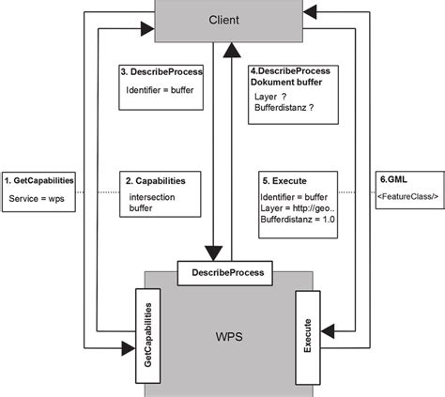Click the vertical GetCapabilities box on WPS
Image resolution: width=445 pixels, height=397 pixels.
click(147, 334)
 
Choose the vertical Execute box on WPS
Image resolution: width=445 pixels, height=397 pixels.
click(309, 334)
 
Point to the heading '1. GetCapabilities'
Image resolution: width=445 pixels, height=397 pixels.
click(39, 178)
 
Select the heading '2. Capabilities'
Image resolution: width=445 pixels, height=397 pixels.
click(156, 179)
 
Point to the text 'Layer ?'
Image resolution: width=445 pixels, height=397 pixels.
click(271, 97)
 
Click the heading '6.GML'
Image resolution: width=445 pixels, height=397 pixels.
click(393, 177)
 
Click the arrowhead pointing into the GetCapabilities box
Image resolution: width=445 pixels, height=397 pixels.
click(128, 349)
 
